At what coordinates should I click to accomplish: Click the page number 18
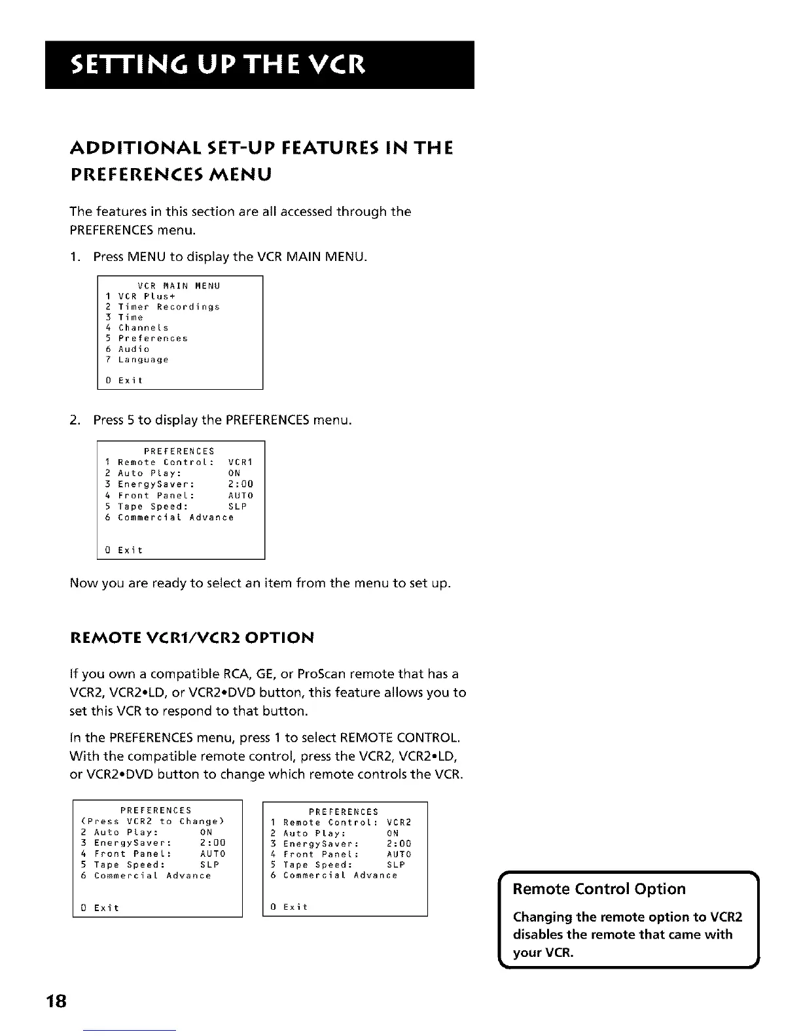click(x=58, y=1002)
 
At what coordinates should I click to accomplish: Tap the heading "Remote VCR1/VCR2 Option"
click(x=192, y=638)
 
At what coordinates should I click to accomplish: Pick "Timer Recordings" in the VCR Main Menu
click(x=168, y=307)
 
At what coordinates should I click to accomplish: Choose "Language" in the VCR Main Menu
click(x=143, y=360)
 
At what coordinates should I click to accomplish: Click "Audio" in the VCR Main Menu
click(x=133, y=349)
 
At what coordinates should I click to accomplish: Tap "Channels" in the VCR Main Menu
click(x=143, y=328)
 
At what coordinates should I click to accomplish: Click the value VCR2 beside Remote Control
click(x=399, y=823)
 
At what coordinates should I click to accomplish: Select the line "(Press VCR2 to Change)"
click(x=153, y=821)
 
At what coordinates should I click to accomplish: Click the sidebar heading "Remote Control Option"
click(x=599, y=889)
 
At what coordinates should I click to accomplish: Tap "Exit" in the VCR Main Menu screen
click(x=130, y=380)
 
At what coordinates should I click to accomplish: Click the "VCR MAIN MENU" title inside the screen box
click(x=179, y=286)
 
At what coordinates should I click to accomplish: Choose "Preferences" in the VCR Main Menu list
click(x=152, y=339)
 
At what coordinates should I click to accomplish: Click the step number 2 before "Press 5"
click(x=74, y=420)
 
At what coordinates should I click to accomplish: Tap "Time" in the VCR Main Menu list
click(x=130, y=317)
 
